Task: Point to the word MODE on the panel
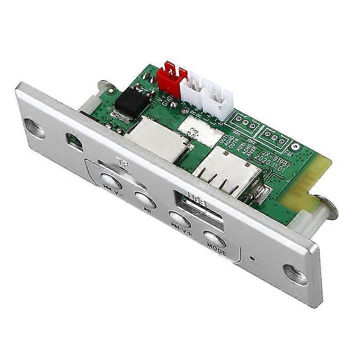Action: [216, 247]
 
